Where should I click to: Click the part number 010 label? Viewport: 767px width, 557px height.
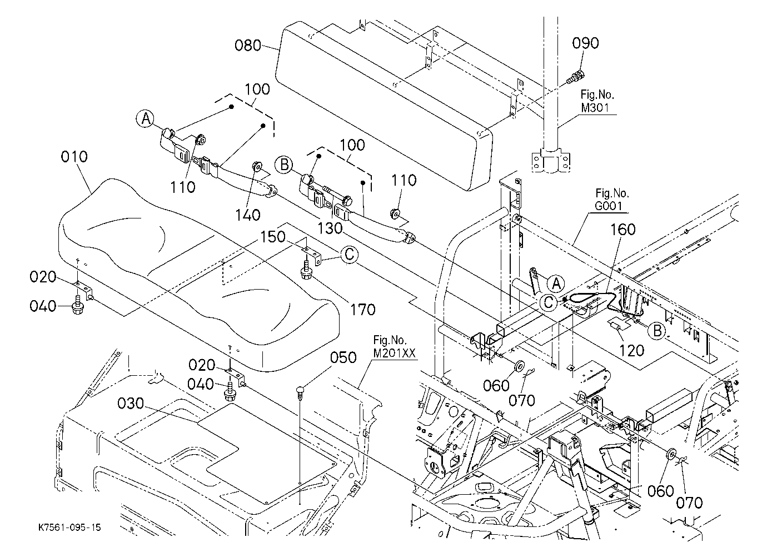point(74,157)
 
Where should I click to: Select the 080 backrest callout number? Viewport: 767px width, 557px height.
point(248,46)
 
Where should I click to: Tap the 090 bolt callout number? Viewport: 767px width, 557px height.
point(585,43)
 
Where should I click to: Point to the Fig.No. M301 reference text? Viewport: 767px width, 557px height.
point(597,101)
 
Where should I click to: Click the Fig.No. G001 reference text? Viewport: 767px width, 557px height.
point(612,200)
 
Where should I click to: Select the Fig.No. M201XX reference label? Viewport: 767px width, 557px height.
point(394,346)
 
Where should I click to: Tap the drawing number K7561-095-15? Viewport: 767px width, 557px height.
point(69,528)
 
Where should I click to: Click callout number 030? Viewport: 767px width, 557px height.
point(131,404)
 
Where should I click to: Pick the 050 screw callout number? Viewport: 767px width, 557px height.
point(343,357)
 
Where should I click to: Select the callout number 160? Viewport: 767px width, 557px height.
point(623,230)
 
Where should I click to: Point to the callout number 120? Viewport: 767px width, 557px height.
point(632,351)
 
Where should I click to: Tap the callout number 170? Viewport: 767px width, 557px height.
point(363,310)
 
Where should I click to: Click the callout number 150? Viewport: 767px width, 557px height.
point(273,237)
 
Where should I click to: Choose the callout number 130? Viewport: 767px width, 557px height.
point(330,228)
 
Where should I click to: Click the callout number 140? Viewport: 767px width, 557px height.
point(247,215)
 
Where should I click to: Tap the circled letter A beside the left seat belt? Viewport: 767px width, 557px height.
point(146,119)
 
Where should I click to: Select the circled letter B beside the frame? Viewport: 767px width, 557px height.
point(657,331)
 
